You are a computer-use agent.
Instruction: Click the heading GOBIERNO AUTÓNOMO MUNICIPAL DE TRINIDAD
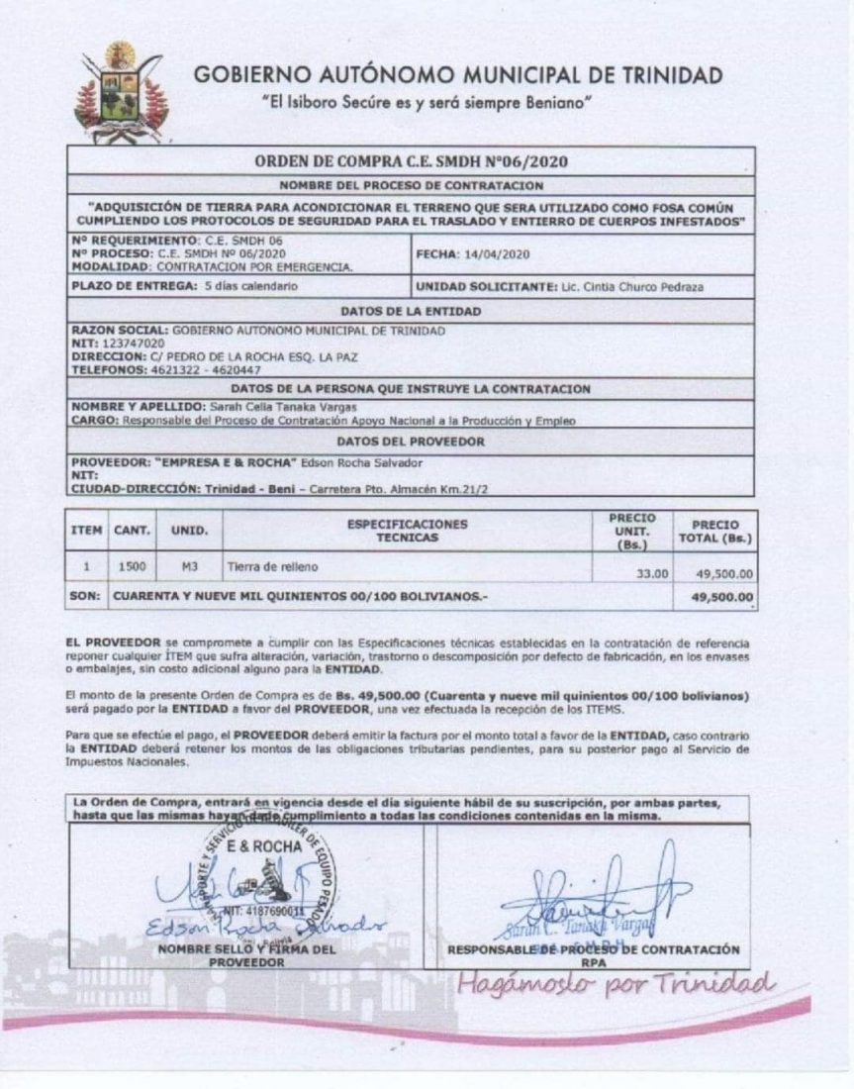[458, 75]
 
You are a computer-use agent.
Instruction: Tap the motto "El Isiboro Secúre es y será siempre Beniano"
[426, 104]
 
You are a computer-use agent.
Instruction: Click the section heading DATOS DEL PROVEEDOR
[411, 442]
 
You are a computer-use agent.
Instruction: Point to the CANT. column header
[133, 530]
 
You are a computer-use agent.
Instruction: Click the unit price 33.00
[652, 573]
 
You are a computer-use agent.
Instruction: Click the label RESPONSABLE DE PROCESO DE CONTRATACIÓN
[593, 949]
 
